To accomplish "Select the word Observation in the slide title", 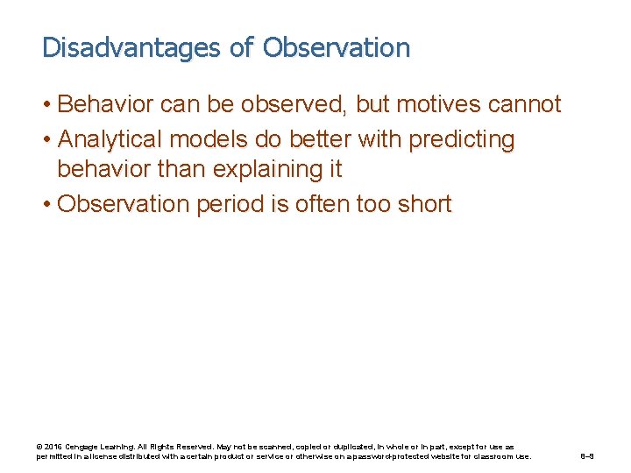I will pos(336,47).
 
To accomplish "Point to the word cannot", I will pos(524,105).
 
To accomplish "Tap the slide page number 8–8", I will pos(586,456).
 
